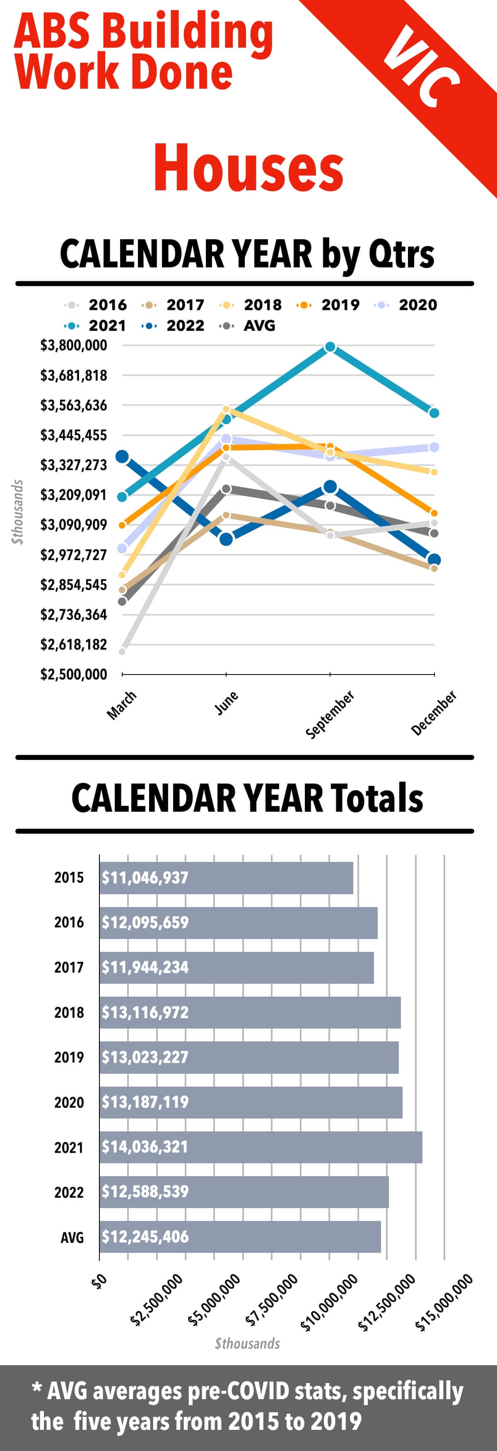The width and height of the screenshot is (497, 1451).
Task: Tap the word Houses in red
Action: pos(248,167)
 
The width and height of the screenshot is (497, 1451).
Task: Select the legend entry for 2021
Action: pos(96,325)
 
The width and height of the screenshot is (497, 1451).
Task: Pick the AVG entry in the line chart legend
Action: pos(248,325)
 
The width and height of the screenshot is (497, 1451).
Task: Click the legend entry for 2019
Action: pos(329,305)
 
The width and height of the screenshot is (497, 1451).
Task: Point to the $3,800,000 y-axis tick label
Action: pos(73,345)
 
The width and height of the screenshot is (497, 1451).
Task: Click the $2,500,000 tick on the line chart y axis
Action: pos(73,674)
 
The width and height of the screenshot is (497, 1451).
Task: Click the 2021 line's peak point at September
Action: pos(331,347)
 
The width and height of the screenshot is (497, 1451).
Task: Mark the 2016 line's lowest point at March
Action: pos(122,651)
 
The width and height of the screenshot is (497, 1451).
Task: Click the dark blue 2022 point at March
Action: pos(122,456)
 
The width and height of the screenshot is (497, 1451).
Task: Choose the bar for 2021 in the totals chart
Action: pos(261,1147)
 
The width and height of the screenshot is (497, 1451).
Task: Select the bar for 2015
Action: pos(226,878)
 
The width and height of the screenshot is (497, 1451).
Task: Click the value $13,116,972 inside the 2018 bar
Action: pos(145,1012)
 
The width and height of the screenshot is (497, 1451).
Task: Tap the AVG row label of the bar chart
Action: pos(72,1237)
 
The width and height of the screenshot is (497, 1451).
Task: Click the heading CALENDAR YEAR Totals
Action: pos(248,798)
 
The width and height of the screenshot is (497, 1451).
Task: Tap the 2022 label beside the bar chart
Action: pos(69,1192)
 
